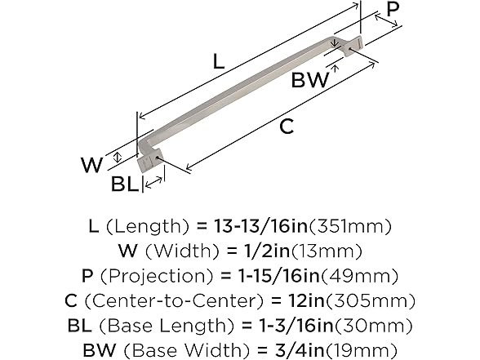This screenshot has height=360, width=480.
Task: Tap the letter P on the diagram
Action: pos(393,10)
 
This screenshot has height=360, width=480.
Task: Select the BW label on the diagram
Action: pos(310,79)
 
